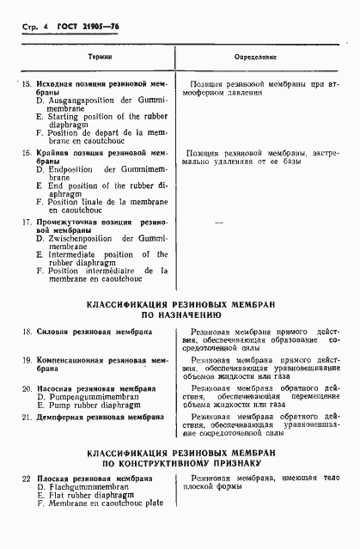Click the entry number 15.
click(26, 84)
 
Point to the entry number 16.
click(26, 152)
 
